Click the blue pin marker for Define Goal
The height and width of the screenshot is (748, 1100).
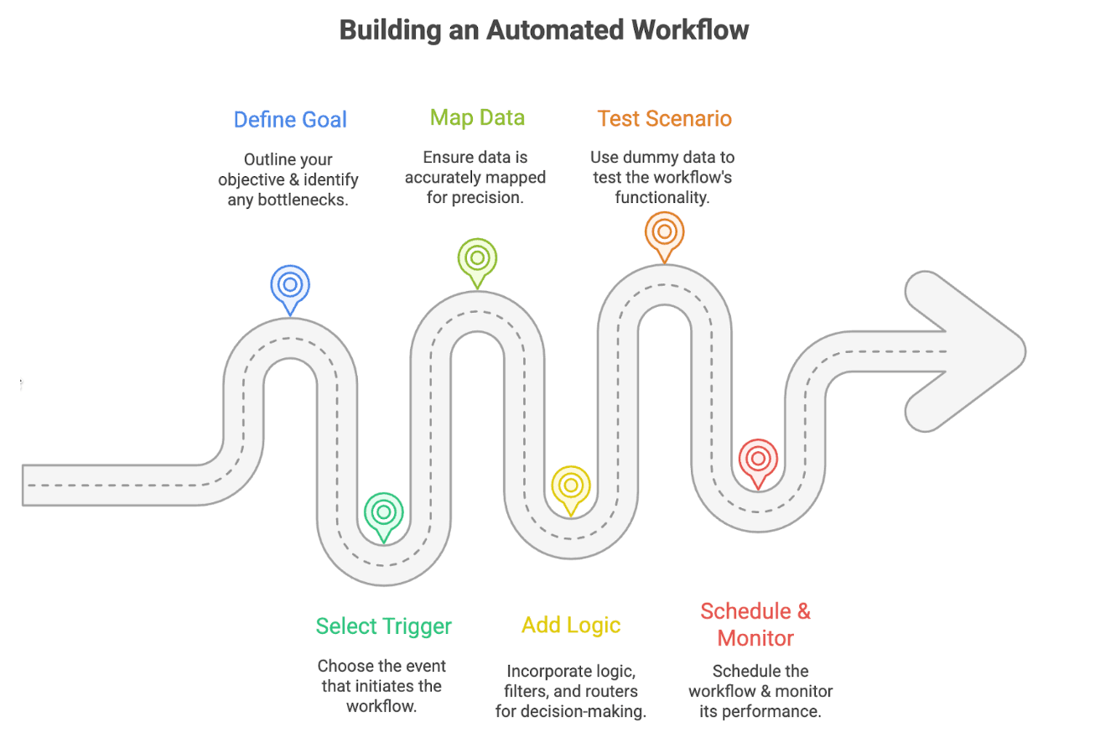coord(290,285)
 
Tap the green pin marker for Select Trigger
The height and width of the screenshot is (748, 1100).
coord(384,512)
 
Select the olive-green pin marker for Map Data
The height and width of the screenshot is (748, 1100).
coord(477,257)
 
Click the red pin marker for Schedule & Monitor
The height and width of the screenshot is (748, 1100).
coord(758,459)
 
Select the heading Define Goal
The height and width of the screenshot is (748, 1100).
coord(290,120)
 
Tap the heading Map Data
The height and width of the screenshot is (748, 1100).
coord(477,117)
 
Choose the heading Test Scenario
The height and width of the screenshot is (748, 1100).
coord(664,118)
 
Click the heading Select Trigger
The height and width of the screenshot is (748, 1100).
coord(383,626)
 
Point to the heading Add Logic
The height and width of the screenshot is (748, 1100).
coord(571,625)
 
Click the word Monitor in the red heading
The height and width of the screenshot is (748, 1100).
coord(755,638)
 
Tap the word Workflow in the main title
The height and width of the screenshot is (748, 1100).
coord(690,30)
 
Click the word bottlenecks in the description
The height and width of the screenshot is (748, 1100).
coord(300,200)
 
